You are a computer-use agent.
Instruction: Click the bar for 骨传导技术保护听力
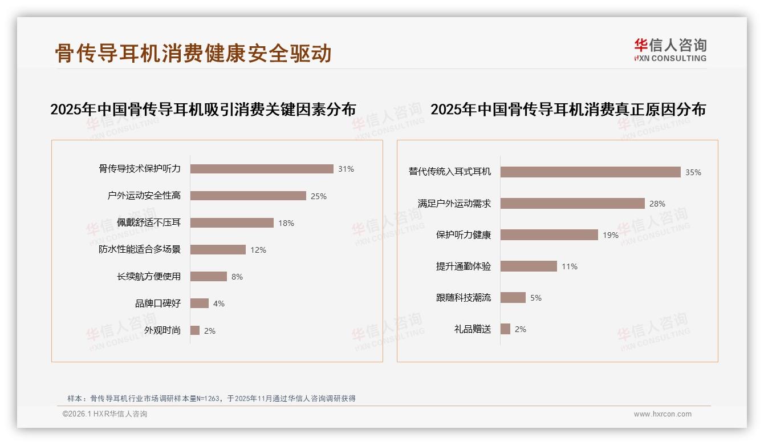262,169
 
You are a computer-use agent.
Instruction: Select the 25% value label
318,196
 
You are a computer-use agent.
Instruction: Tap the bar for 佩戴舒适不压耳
232,223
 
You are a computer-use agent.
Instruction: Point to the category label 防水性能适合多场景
140,249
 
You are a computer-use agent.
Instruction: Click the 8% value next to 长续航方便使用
237,277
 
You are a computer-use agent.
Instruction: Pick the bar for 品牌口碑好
200,304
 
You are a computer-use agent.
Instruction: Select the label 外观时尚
162,330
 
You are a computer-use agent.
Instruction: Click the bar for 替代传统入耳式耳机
591,172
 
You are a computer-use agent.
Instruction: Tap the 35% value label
693,172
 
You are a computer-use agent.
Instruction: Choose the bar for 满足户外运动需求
572,203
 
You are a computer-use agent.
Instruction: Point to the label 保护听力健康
464,234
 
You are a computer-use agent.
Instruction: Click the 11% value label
570,266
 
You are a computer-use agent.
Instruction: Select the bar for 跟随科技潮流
513,297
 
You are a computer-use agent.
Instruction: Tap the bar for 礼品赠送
505,329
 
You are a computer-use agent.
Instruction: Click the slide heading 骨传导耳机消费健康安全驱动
193,54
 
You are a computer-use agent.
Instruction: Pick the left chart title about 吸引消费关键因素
203,109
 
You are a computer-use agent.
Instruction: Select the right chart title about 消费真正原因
568,109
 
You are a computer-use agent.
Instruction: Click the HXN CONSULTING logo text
670,58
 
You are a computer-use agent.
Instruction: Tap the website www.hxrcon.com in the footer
663,414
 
